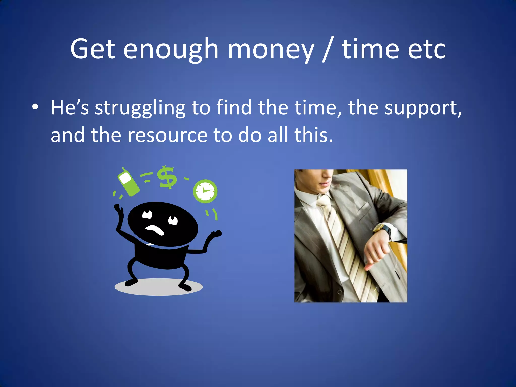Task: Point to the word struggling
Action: (x=140, y=108)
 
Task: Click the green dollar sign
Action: (x=167, y=177)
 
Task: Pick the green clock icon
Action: (x=205, y=191)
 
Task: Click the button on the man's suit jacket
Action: (x=339, y=292)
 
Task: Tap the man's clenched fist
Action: (x=375, y=252)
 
